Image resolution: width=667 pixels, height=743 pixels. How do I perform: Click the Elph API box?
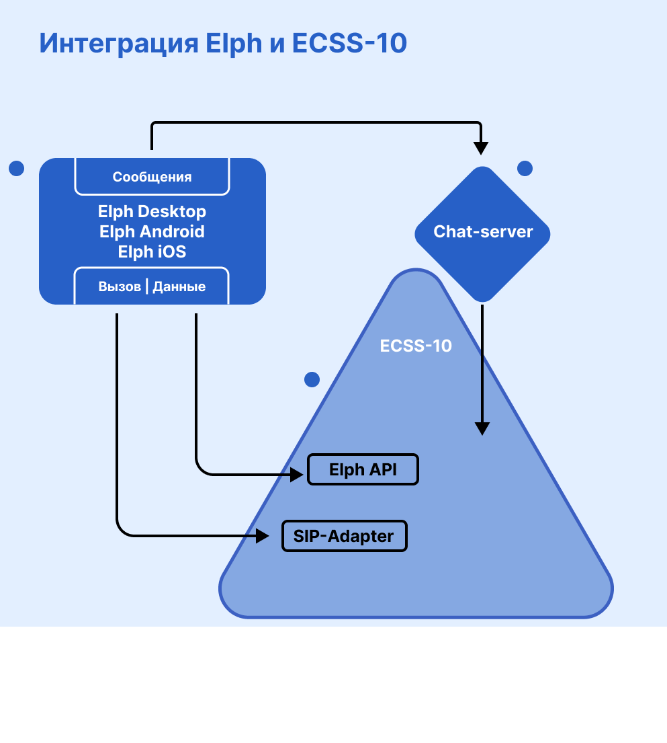coord(363,469)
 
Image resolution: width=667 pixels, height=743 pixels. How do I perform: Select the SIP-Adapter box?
coord(344,536)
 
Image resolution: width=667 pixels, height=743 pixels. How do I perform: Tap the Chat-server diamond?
coord(482,233)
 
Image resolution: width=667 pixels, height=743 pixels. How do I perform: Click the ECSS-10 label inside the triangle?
coord(416,346)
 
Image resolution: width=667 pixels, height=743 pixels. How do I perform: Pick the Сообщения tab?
coord(152,177)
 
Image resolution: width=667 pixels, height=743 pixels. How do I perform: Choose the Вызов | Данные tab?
coord(152,286)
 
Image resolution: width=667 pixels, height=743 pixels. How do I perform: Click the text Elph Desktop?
coord(152,212)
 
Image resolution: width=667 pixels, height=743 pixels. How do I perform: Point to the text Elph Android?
coord(152,232)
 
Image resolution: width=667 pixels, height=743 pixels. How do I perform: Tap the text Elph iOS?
coord(152,252)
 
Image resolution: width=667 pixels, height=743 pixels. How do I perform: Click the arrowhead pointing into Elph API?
coord(298,475)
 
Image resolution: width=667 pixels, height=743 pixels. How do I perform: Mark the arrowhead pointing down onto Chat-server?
coord(481,147)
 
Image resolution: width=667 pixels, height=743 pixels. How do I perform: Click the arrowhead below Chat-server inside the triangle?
coord(482,428)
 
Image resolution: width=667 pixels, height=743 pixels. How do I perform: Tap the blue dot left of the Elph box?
coord(17,168)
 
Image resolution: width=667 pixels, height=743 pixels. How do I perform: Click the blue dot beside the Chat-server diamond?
coord(525,168)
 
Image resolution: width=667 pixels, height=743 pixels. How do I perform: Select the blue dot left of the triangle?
coord(312,380)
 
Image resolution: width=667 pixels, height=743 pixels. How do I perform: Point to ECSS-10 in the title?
coord(349,44)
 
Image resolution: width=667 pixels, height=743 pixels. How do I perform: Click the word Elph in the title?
coord(234,44)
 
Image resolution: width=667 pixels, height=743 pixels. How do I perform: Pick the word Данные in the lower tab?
coord(179,286)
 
